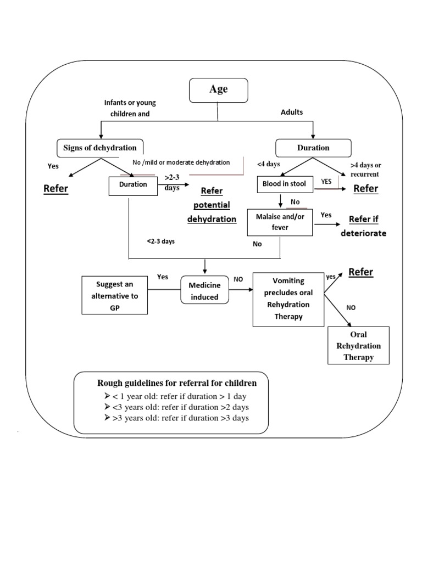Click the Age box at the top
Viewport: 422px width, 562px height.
point(218,90)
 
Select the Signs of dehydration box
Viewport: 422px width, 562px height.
point(100,148)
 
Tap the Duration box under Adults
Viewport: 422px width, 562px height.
point(313,148)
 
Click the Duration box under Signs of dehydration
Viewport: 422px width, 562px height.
point(133,185)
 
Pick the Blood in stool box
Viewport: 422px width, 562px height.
point(285,184)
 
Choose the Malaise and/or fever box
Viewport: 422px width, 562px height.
point(280,222)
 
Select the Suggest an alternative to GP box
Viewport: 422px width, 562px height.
point(114,295)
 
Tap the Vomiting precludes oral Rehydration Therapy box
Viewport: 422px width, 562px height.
point(288,299)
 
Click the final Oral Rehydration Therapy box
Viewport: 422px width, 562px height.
point(358,346)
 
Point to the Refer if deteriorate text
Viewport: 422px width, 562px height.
point(364,226)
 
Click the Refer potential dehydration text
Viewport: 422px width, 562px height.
point(212,205)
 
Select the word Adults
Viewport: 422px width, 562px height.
point(292,112)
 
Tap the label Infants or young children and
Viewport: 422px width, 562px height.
point(130,108)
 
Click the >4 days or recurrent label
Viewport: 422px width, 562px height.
point(365,170)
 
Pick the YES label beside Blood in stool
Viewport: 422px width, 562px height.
point(326,181)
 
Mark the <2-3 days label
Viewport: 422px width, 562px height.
point(160,241)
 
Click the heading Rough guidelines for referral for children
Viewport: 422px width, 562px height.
point(176,382)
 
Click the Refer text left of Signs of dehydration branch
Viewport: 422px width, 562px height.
point(55,189)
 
